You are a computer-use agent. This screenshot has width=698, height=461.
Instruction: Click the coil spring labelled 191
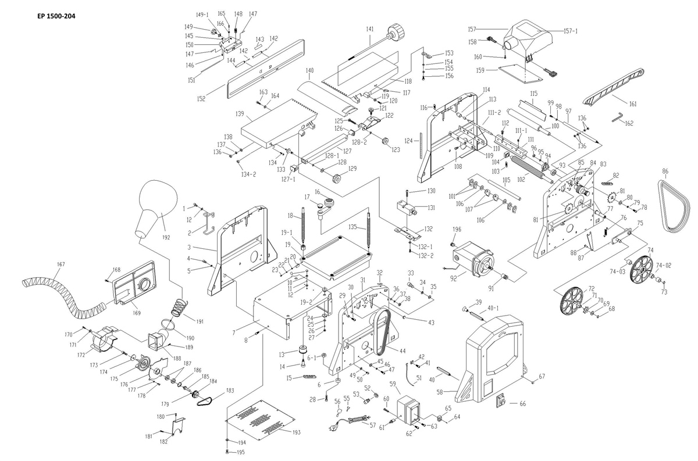[180, 306]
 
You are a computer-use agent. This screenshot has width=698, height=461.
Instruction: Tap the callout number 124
[408, 141]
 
